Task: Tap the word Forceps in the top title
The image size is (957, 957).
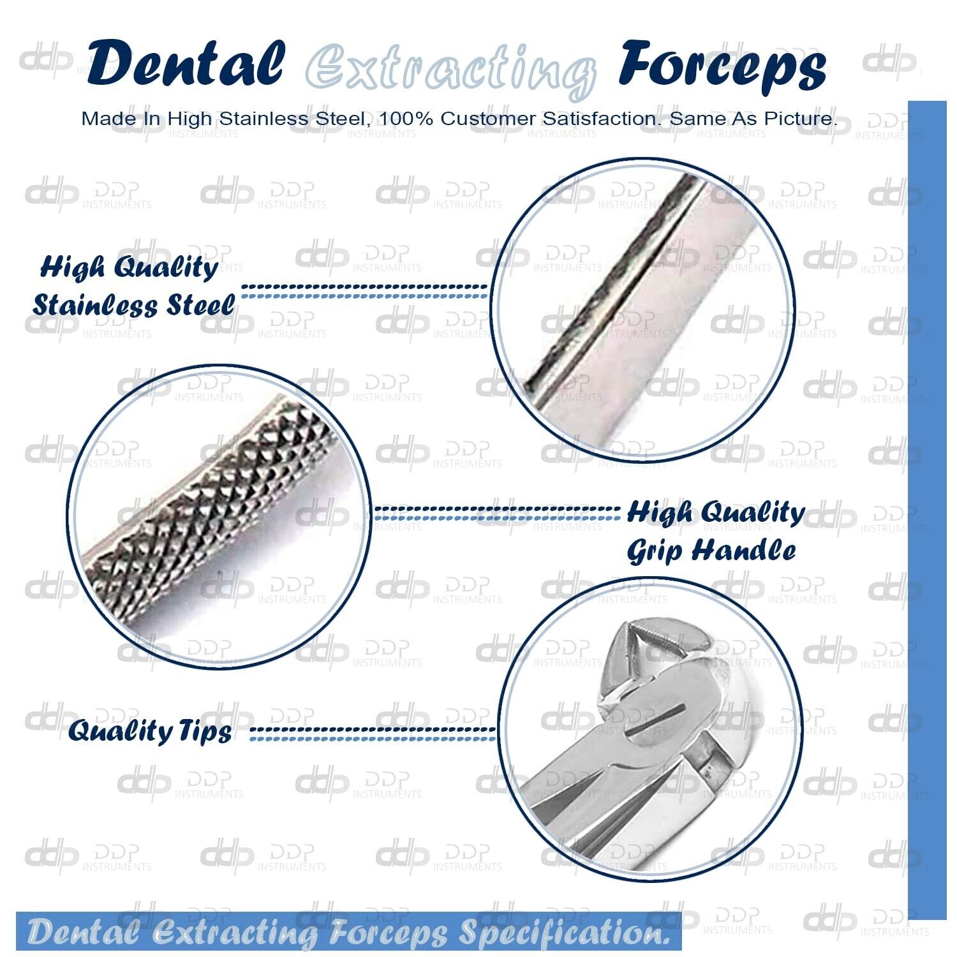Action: [722, 67]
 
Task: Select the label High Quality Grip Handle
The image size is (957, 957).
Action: [715, 531]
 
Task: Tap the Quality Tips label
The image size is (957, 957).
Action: [150, 731]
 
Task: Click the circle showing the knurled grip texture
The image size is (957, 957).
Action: [219, 517]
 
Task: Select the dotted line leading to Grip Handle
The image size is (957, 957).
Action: [496, 512]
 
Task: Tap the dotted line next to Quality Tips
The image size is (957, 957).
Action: [373, 734]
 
